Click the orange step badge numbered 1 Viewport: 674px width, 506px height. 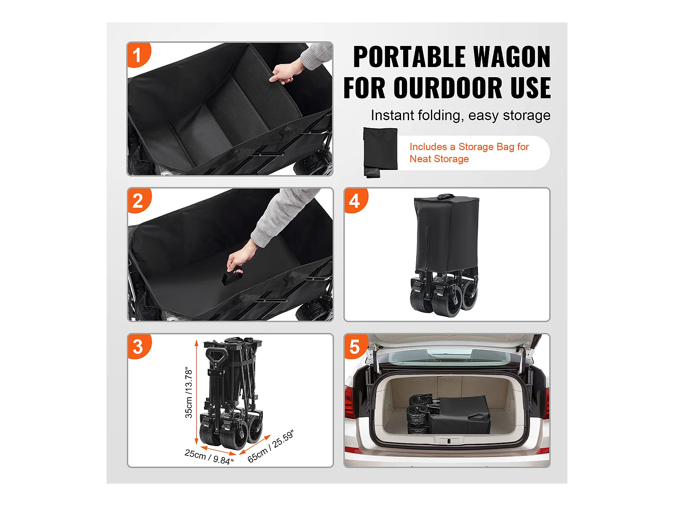(x=138, y=55)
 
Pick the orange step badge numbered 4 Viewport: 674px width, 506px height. (x=356, y=201)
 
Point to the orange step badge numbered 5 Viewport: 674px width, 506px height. (x=356, y=347)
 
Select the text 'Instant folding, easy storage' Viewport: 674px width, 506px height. (x=460, y=116)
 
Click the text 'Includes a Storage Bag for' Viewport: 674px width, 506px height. (x=469, y=147)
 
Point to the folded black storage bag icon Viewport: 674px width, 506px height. (x=380, y=152)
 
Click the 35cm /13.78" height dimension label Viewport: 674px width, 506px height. (x=189, y=392)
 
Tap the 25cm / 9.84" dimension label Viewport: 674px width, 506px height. (x=209, y=457)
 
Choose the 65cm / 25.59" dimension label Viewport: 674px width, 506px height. (x=270, y=446)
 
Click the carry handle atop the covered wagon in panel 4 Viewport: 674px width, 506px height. (x=446, y=196)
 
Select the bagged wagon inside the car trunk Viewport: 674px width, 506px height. (x=448, y=415)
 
